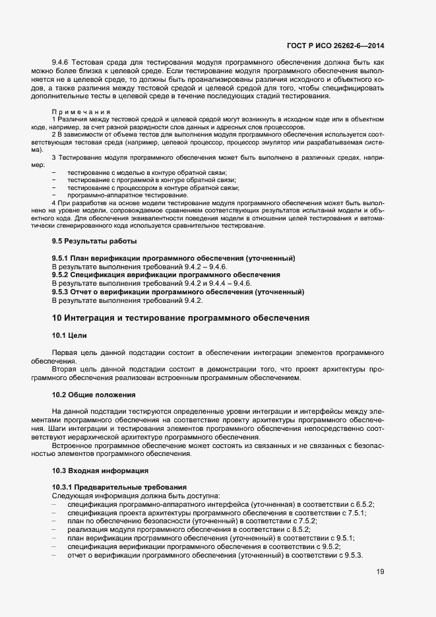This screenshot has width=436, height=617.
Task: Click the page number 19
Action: (380, 572)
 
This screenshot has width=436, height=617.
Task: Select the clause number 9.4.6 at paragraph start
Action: (61, 61)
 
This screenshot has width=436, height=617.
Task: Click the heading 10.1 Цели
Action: (69, 335)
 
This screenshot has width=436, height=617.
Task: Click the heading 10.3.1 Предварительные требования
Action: (119, 487)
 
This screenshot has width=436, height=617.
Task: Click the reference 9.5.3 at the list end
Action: (352, 556)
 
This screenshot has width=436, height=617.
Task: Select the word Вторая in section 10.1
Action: (65, 370)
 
